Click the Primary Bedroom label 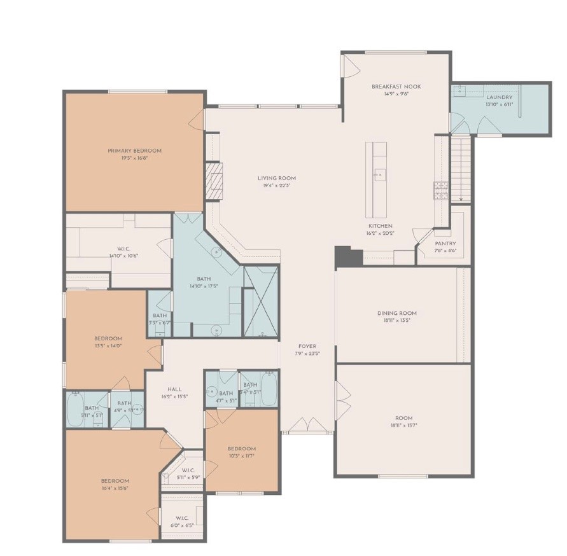click(x=134, y=151)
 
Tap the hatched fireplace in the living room click(x=214, y=181)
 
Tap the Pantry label click(x=445, y=244)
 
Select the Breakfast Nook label click(x=396, y=87)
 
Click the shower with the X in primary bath click(x=261, y=301)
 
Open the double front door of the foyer click(x=307, y=425)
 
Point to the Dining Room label click(x=397, y=312)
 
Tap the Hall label click(x=174, y=389)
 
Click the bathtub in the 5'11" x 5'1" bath click(x=75, y=409)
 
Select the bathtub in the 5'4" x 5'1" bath click(x=269, y=389)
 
